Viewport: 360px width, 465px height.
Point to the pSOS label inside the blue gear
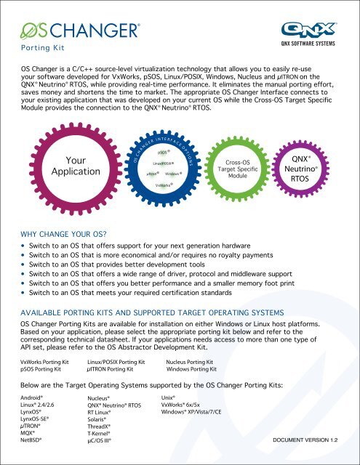[164, 153]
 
